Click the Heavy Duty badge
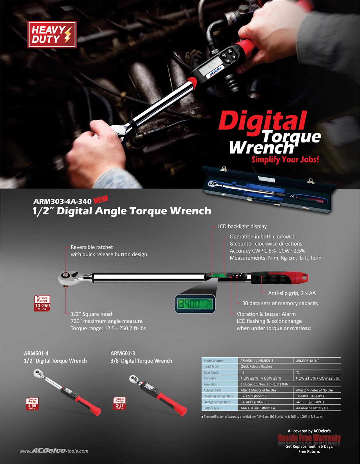point(52,35)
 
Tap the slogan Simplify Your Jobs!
point(285,159)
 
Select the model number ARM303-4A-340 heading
point(63,201)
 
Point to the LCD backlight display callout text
point(242,226)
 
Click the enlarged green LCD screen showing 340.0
point(195,304)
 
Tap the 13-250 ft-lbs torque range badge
point(42,303)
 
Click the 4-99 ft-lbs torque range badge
point(32,403)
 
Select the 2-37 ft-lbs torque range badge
point(120,403)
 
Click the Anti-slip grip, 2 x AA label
point(292,293)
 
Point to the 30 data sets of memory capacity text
point(280,303)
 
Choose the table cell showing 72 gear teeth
point(298,372)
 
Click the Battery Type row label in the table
point(212,408)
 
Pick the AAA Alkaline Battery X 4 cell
point(258,408)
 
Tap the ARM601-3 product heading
point(123,353)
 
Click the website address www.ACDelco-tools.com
point(54,451)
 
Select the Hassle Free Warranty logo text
point(309,438)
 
